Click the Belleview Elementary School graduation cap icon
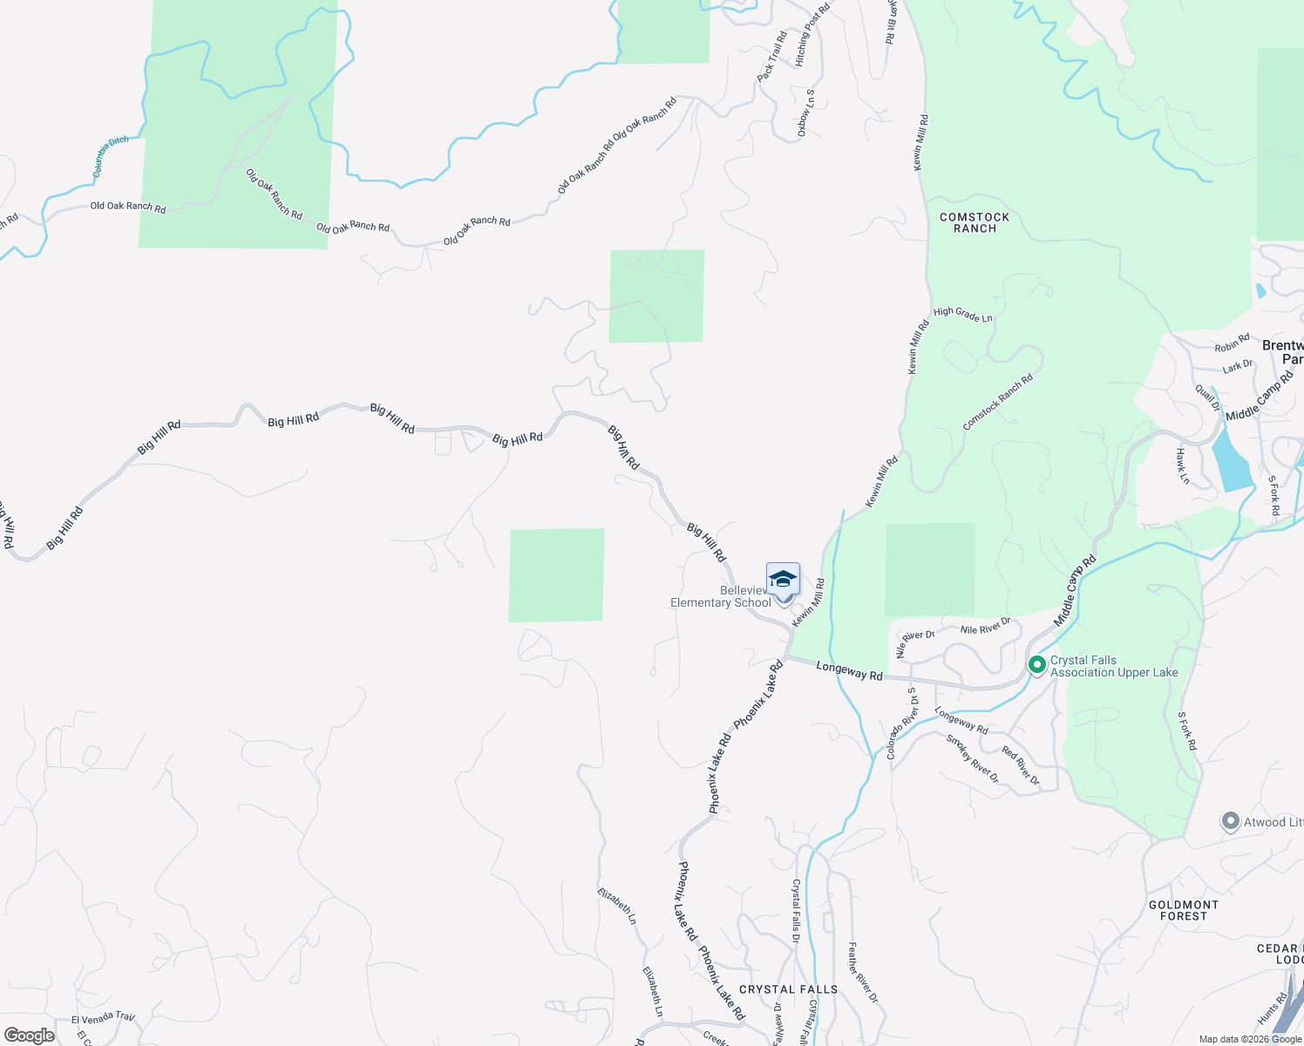(783, 580)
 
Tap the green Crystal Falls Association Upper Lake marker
(1037, 665)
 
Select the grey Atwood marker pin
(1230, 822)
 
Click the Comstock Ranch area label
(975, 222)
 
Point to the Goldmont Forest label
(1184, 910)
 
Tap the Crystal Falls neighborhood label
(788, 989)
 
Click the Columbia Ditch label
(111, 156)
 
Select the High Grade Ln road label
(962, 315)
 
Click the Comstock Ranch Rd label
(997, 402)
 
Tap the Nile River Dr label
(985, 627)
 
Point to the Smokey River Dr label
(973, 758)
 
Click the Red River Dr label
(1021, 765)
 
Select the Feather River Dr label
(863, 972)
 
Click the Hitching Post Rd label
(813, 34)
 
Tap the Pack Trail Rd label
(772, 57)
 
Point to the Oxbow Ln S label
(806, 112)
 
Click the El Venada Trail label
(103, 1017)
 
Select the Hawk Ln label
(1182, 466)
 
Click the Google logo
(29, 1035)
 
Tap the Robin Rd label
(1233, 343)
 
